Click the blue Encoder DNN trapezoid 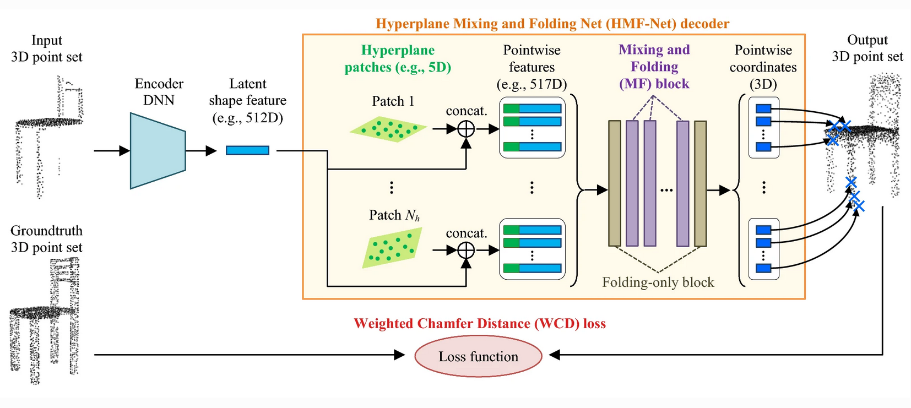point(158,150)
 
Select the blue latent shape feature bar point(247,150)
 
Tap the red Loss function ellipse point(478,357)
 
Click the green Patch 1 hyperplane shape point(388,129)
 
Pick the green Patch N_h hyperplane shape point(392,248)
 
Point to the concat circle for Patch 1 point(466,129)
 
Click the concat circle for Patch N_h point(466,251)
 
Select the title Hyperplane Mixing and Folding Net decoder point(552,24)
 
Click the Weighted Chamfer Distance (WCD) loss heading point(479,323)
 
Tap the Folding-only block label point(658,282)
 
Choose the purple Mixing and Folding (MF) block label point(654,67)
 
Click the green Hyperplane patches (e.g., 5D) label point(398,58)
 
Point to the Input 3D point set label point(47,48)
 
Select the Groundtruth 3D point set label point(47,239)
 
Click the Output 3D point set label point(867,48)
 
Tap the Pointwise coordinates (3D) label point(763,67)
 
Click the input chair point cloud point(48,135)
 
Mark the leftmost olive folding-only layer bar point(615,183)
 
